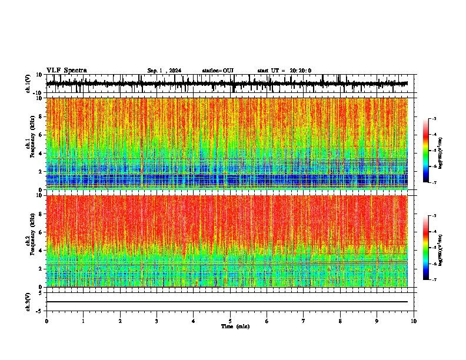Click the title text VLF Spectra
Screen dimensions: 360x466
click(x=66, y=71)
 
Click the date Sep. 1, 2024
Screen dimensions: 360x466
click(x=164, y=71)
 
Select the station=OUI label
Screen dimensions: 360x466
click(x=218, y=71)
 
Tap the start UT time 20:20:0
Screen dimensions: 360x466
click(x=284, y=71)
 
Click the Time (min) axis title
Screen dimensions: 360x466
click(x=235, y=326)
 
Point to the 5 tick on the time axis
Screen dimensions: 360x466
click(x=230, y=321)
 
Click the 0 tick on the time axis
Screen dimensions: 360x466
click(x=46, y=321)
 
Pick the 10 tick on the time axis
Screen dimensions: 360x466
click(x=414, y=321)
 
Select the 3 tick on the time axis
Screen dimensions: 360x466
click(x=157, y=321)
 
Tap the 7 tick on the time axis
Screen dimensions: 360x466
click(x=304, y=321)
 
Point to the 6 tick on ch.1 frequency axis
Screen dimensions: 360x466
click(x=39, y=135)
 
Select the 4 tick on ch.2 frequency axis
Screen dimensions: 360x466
click(x=39, y=250)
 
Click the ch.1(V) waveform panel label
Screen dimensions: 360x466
click(x=28, y=84)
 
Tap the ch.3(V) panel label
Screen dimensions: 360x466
click(x=28, y=301)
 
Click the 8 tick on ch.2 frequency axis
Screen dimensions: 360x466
click(x=39, y=214)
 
